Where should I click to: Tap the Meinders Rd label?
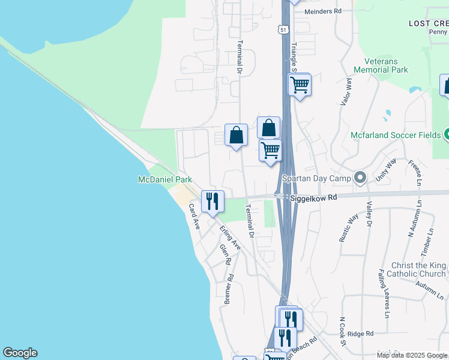click(x=322, y=11)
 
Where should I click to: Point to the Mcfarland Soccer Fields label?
click(x=396, y=135)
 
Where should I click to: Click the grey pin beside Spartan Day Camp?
click(x=360, y=178)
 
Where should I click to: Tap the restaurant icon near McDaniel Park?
click(x=212, y=201)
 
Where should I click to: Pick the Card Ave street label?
click(x=194, y=217)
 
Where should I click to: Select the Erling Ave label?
click(x=230, y=238)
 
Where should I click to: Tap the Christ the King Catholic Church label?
click(x=418, y=269)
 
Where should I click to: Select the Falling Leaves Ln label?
click(x=382, y=293)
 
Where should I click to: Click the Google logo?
click(x=20, y=353)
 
